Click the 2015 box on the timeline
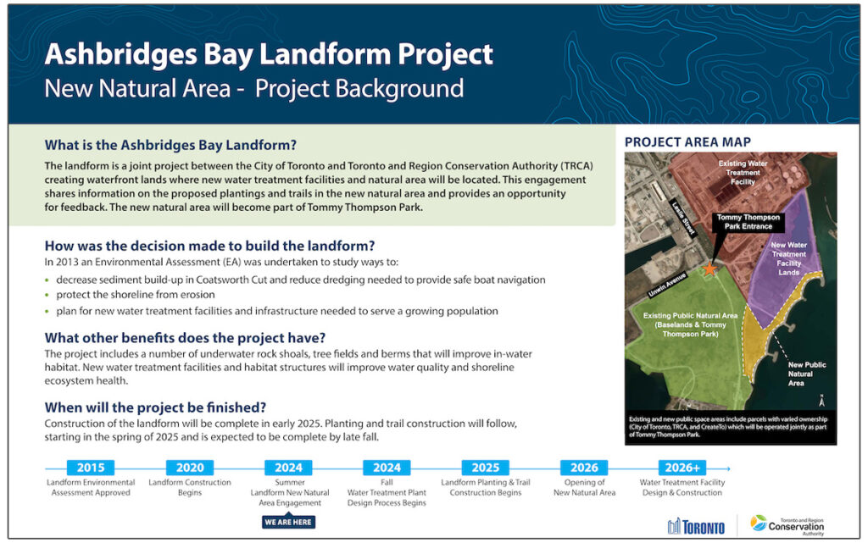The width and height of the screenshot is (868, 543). pyautogui.click(x=90, y=468)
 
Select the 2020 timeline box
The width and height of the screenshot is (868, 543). pyautogui.click(x=189, y=468)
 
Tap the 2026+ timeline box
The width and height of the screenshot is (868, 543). pyautogui.click(x=683, y=468)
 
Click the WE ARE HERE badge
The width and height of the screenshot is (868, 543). pyautogui.click(x=288, y=521)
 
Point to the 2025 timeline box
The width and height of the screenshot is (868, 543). pyautogui.click(x=486, y=468)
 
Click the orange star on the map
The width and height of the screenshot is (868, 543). pyautogui.click(x=709, y=268)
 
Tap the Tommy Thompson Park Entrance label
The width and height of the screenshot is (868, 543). pyautogui.click(x=748, y=223)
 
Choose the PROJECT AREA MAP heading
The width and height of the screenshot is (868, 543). pyautogui.click(x=687, y=141)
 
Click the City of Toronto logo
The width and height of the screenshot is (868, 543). pyautogui.click(x=696, y=526)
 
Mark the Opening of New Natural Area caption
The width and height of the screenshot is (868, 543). pyautogui.click(x=584, y=488)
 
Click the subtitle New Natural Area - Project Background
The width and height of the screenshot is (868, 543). pyautogui.click(x=254, y=88)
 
